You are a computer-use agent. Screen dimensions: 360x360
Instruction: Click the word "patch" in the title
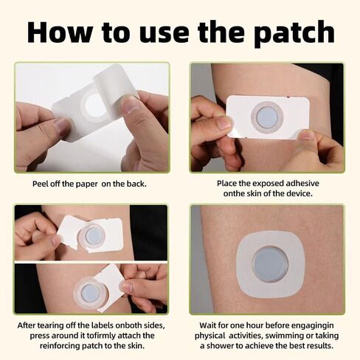(x=294, y=33)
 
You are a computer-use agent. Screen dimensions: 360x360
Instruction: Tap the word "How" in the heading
(x=59, y=32)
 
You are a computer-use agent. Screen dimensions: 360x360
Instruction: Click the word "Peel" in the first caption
(x=41, y=184)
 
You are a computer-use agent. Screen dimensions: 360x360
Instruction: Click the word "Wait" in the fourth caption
(x=208, y=325)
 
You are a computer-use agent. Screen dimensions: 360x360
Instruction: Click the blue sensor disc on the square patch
(x=270, y=265)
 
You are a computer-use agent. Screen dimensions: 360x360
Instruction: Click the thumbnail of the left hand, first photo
(x=63, y=126)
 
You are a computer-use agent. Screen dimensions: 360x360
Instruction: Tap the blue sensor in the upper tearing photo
(x=94, y=235)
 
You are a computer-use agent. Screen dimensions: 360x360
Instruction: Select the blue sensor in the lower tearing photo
(x=90, y=293)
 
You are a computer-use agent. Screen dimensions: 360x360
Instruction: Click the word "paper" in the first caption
(x=86, y=184)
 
